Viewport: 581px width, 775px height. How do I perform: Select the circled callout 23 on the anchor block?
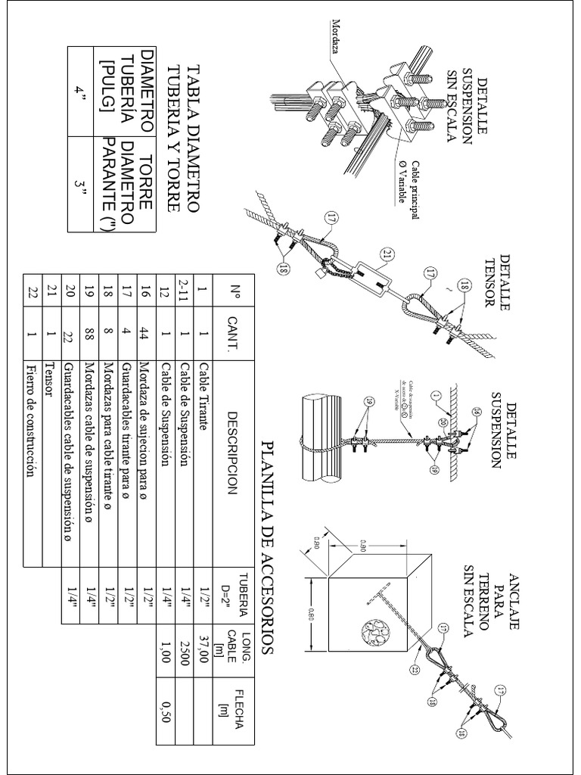point(415,670)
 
